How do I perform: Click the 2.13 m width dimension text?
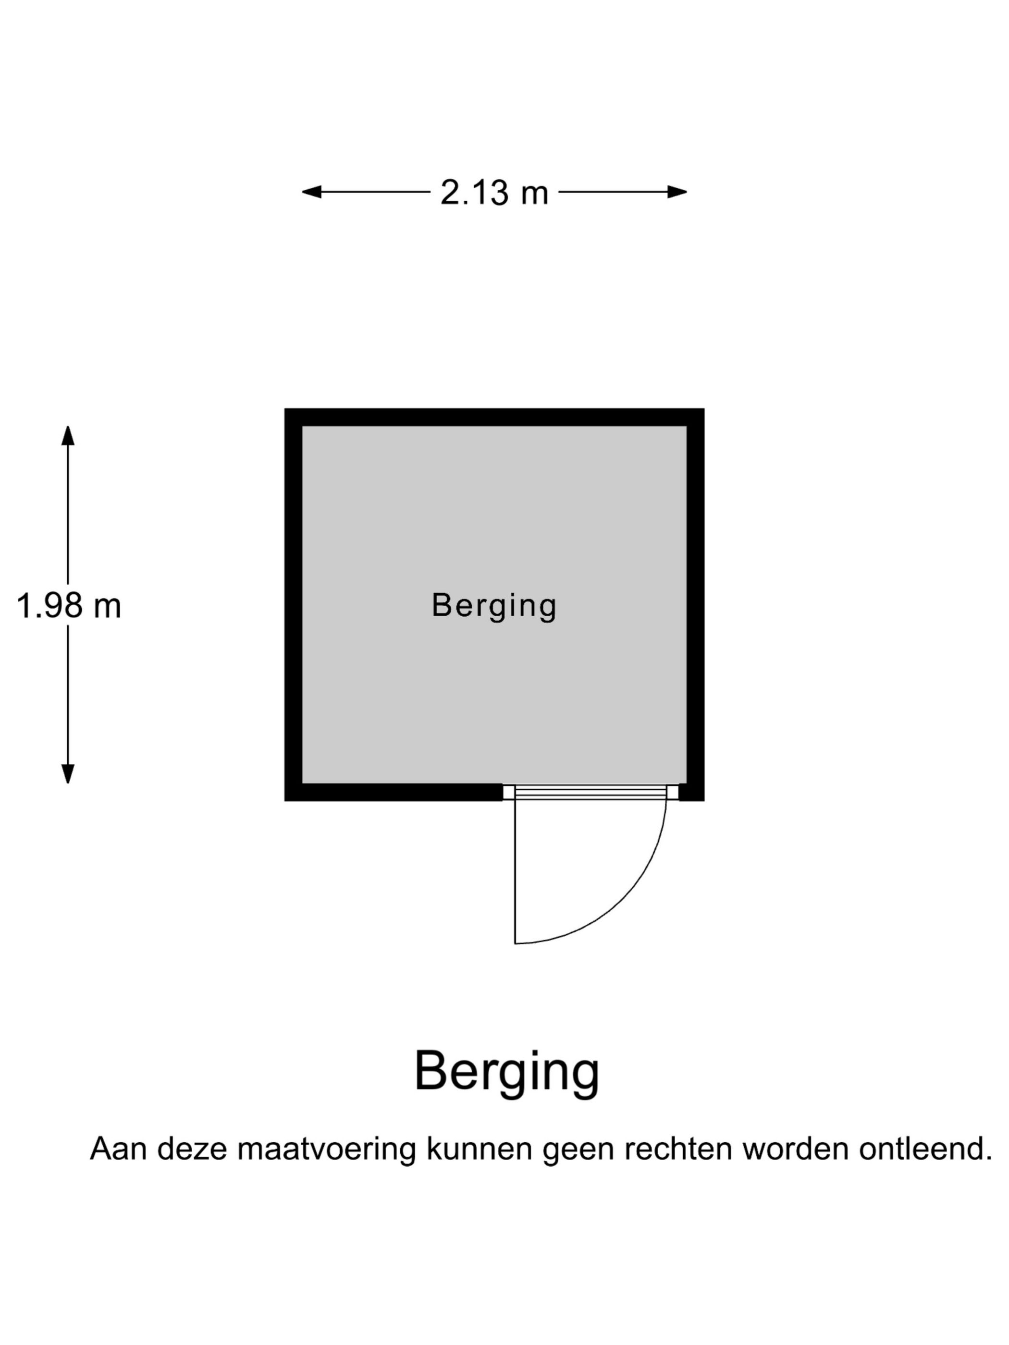click(x=494, y=193)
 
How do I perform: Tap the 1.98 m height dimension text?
click(x=69, y=606)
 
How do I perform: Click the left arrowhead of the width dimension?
click(x=311, y=192)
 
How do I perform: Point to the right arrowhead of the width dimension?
click(x=677, y=192)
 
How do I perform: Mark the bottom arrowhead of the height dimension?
click(x=68, y=773)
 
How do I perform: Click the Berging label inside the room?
click(x=494, y=606)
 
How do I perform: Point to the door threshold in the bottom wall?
click(x=591, y=792)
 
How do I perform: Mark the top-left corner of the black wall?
click(x=284, y=409)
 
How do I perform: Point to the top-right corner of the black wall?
click(x=704, y=409)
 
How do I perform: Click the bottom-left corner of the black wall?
click(x=284, y=801)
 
